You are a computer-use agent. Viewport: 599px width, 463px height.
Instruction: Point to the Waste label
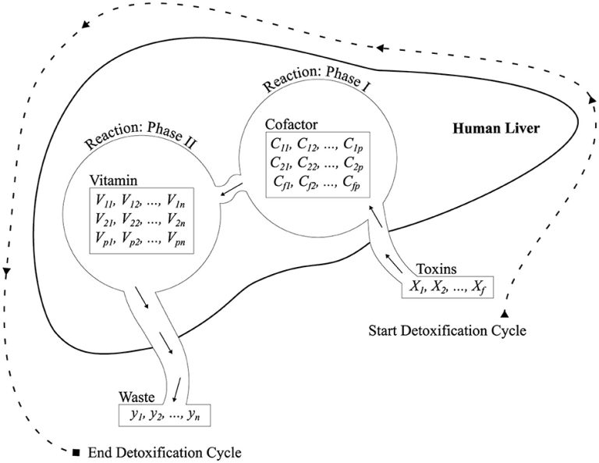[136, 397]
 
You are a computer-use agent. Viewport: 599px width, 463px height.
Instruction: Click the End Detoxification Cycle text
[165, 452]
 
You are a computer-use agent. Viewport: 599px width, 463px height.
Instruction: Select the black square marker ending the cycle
[76, 452]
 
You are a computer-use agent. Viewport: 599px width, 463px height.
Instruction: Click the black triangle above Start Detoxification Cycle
[505, 313]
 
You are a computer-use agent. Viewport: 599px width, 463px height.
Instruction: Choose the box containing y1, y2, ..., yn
[164, 414]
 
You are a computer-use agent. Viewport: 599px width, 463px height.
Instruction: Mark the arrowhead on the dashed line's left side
[6, 273]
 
